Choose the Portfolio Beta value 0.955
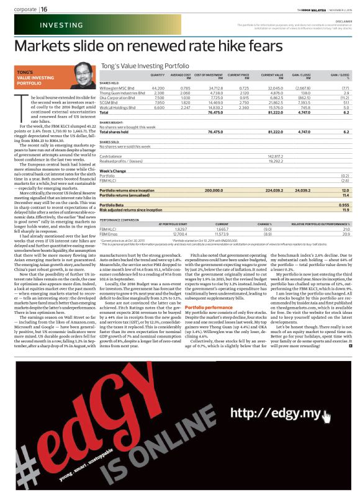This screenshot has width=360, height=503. pyautogui.click(x=343, y=204)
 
